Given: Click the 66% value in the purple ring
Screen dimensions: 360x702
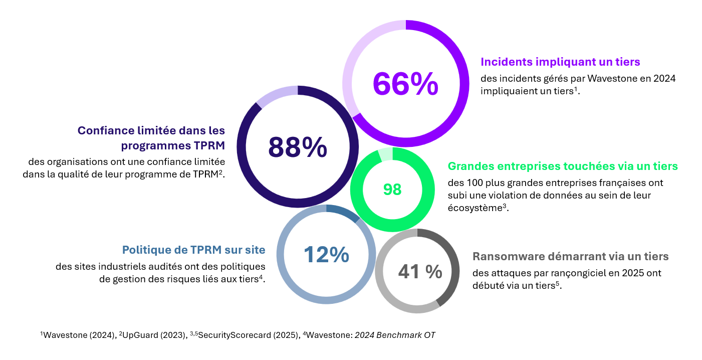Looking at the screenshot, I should (x=405, y=84).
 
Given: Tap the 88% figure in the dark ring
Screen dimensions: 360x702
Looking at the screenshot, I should (x=298, y=147).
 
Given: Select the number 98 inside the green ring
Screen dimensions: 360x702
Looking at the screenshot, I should (x=392, y=190).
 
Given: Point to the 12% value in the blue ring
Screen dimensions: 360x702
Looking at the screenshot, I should (x=326, y=255).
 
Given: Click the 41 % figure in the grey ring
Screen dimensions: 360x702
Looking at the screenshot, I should (x=420, y=272).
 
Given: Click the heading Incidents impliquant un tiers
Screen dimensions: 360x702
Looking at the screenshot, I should (x=560, y=62).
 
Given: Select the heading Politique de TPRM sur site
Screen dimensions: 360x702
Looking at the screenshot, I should (x=194, y=250).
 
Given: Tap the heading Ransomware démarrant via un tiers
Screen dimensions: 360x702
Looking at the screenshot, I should (x=570, y=257).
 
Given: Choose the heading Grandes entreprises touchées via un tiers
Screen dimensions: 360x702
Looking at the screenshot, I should (x=563, y=166).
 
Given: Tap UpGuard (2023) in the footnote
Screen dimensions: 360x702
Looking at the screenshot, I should (x=144, y=335).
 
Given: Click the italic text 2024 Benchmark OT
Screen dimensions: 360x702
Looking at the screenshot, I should (x=395, y=335).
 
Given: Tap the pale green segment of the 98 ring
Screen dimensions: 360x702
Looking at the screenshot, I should (x=385, y=154).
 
